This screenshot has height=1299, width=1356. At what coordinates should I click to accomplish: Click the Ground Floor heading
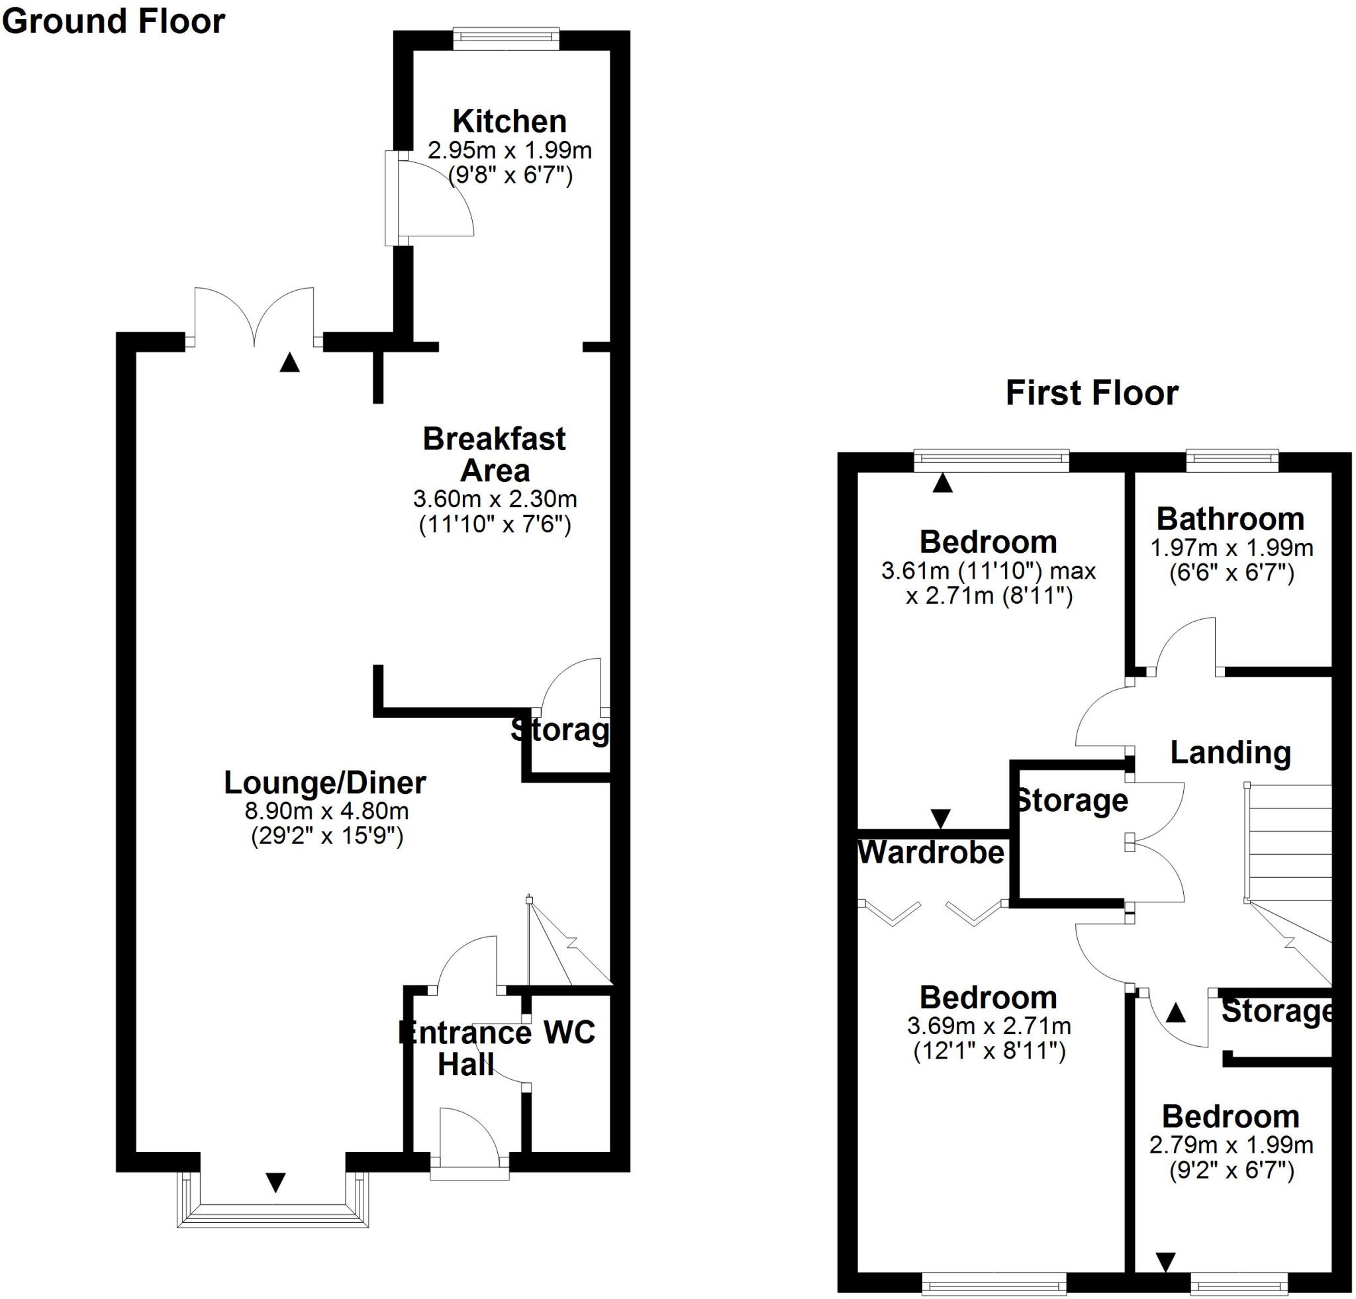tap(113, 21)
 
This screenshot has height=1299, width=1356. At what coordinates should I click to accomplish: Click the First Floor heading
tap(1092, 393)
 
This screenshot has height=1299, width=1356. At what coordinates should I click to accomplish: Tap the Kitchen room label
tap(509, 121)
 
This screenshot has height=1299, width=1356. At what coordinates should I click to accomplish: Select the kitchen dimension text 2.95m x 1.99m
tap(509, 150)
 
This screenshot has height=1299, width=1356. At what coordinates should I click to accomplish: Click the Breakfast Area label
tap(494, 454)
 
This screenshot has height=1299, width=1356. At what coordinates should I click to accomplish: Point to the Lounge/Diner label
tap(324, 783)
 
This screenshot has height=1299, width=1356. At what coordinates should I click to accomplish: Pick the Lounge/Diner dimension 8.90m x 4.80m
tap(326, 810)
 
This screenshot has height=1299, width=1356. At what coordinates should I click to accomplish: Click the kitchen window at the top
tap(506, 39)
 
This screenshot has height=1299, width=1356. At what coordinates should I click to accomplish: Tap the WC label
tap(569, 1033)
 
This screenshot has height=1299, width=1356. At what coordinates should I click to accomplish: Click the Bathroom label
tap(1230, 519)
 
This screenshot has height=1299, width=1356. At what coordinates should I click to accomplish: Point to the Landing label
tap(1230, 753)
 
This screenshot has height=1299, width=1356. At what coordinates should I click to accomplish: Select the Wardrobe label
tap(930, 853)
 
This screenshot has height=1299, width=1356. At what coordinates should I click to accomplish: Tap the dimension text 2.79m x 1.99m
tap(1231, 1145)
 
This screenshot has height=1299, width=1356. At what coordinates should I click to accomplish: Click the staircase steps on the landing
tap(1288, 843)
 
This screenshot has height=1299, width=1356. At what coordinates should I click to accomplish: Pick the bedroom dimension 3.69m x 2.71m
tap(989, 1026)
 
